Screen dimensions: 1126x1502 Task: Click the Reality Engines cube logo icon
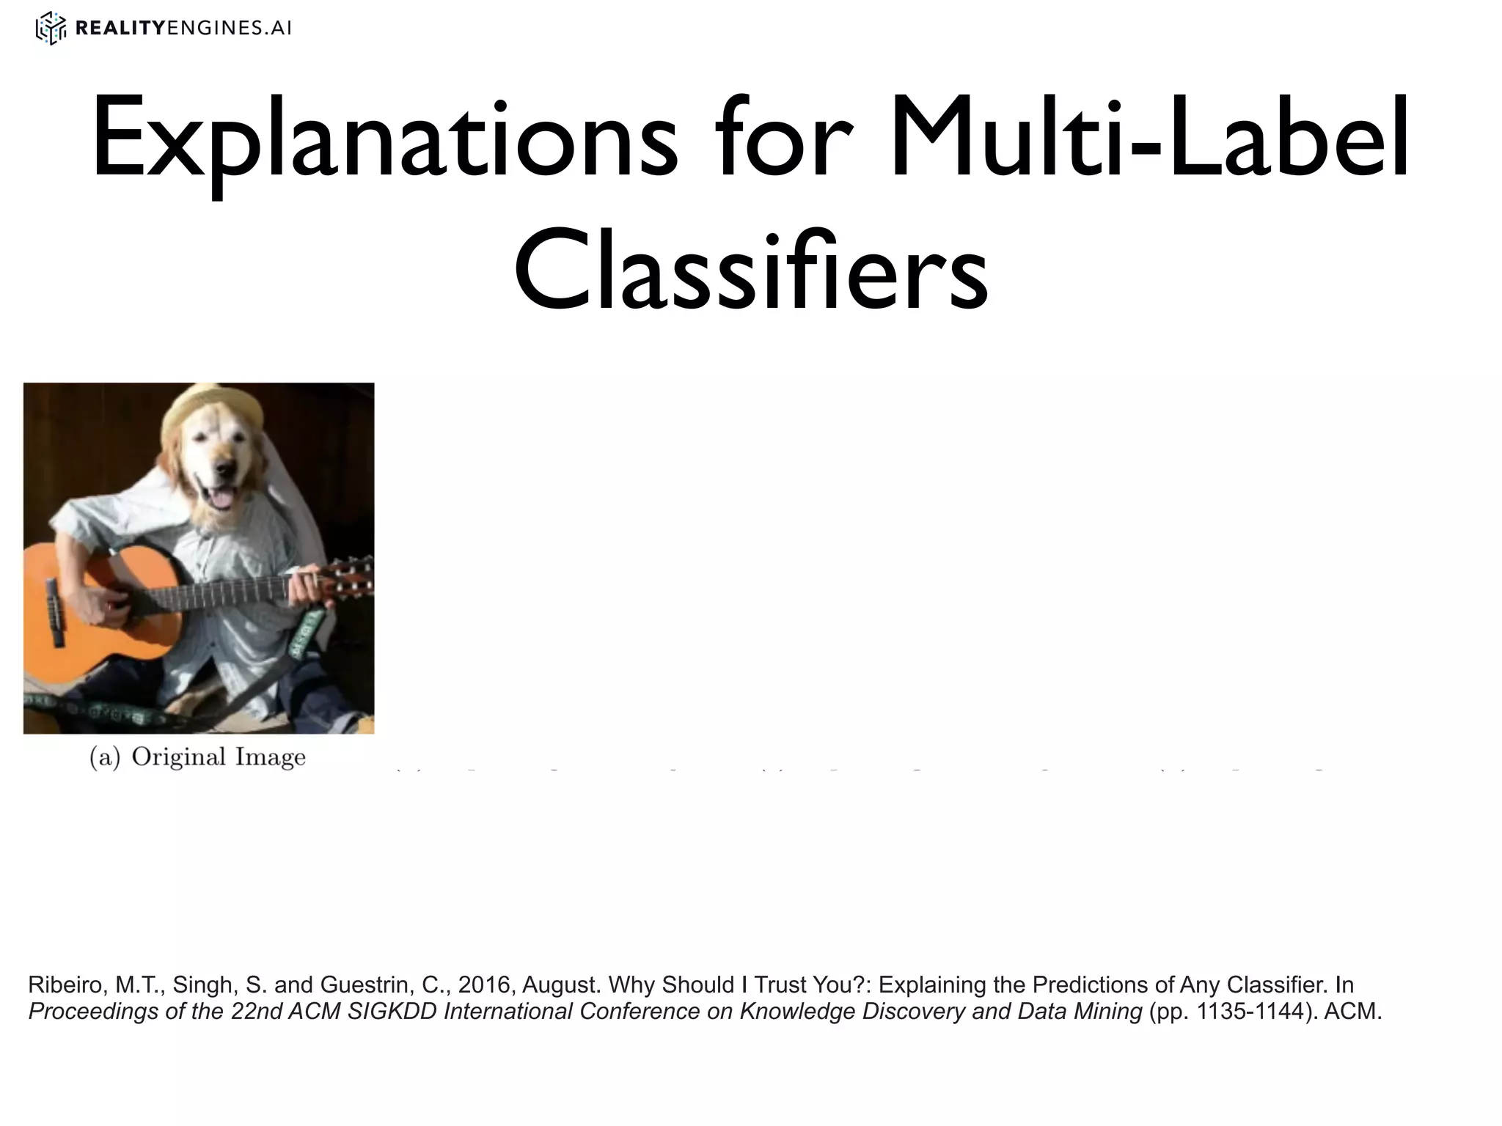pos(51,29)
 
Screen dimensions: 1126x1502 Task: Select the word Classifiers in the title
pos(751,271)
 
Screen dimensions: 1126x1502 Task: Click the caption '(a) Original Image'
pos(197,757)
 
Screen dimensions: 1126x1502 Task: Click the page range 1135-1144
pos(1250,1012)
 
